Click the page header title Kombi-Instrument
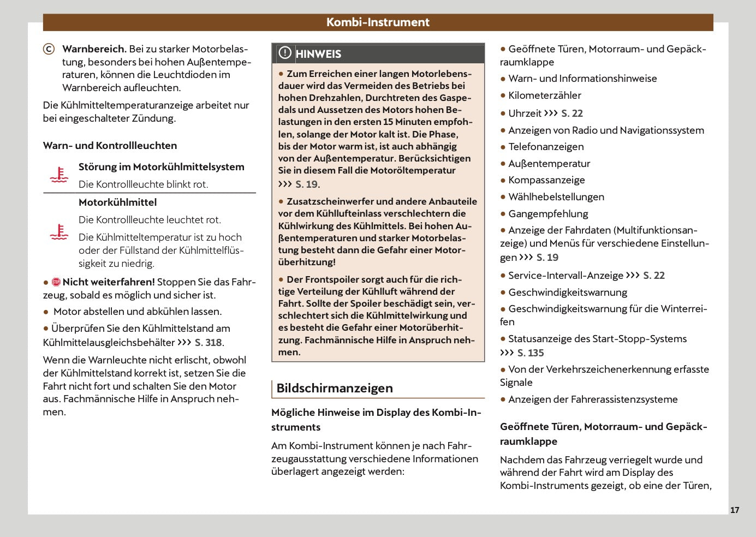click(x=378, y=22)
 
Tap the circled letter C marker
click(x=49, y=49)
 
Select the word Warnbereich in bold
click(x=94, y=49)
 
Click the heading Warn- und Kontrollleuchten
click(x=110, y=146)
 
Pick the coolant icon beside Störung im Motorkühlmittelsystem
click(x=59, y=175)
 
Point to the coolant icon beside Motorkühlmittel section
click(x=59, y=232)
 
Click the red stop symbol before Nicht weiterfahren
click(x=56, y=282)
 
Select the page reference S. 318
click(x=209, y=343)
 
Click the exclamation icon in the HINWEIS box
click(x=285, y=53)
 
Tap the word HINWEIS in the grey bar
click(x=318, y=54)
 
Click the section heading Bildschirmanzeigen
click(x=335, y=389)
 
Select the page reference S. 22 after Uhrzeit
click(x=572, y=114)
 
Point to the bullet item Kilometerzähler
click(x=544, y=96)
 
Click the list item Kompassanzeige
click(x=546, y=180)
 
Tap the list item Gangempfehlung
click(x=548, y=214)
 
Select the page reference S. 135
click(x=531, y=353)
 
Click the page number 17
click(x=735, y=510)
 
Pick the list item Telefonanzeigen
click(x=546, y=147)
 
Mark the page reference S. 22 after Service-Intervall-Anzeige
click(x=654, y=276)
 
